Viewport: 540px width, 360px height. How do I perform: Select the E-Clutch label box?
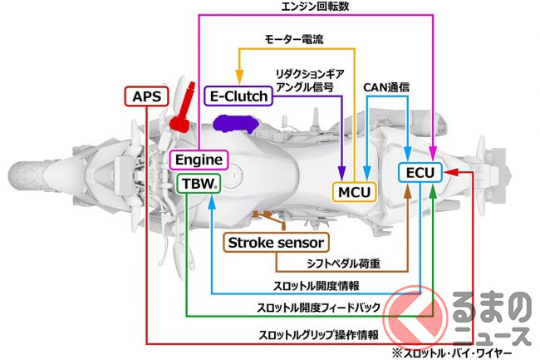238,96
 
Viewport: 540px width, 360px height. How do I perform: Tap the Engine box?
198,158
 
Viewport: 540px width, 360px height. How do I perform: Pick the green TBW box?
198,183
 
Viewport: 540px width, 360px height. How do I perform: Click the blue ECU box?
420,172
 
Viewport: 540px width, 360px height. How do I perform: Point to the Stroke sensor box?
277,243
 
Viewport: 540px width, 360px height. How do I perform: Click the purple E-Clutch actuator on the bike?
235,124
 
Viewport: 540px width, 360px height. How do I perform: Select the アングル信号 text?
305,86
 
